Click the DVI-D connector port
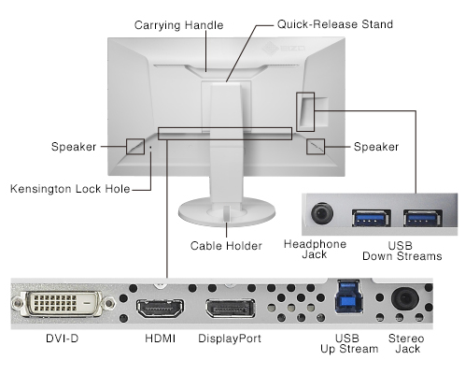coord(63,303)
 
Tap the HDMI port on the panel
coord(160,308)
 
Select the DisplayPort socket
coord(231,309)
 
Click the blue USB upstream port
coord(348,296)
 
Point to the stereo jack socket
coord(405,298)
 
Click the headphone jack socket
coord(322,213)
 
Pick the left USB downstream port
coord(372,218)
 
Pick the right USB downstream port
coord(423,218)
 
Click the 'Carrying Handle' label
coord(178,25)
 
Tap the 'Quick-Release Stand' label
coord(335,24)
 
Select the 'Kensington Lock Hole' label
coord(70,189)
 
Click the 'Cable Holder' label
coord(226,246)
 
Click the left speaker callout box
coord(135,147)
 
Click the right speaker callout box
coord(316,147)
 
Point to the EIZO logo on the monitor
coord(283,49)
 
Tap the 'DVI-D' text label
coord(63,339)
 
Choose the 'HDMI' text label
coord(161,339)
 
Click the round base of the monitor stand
coord(227,212)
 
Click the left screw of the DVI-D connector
coord(18,303)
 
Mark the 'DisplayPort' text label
coord(230,339)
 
